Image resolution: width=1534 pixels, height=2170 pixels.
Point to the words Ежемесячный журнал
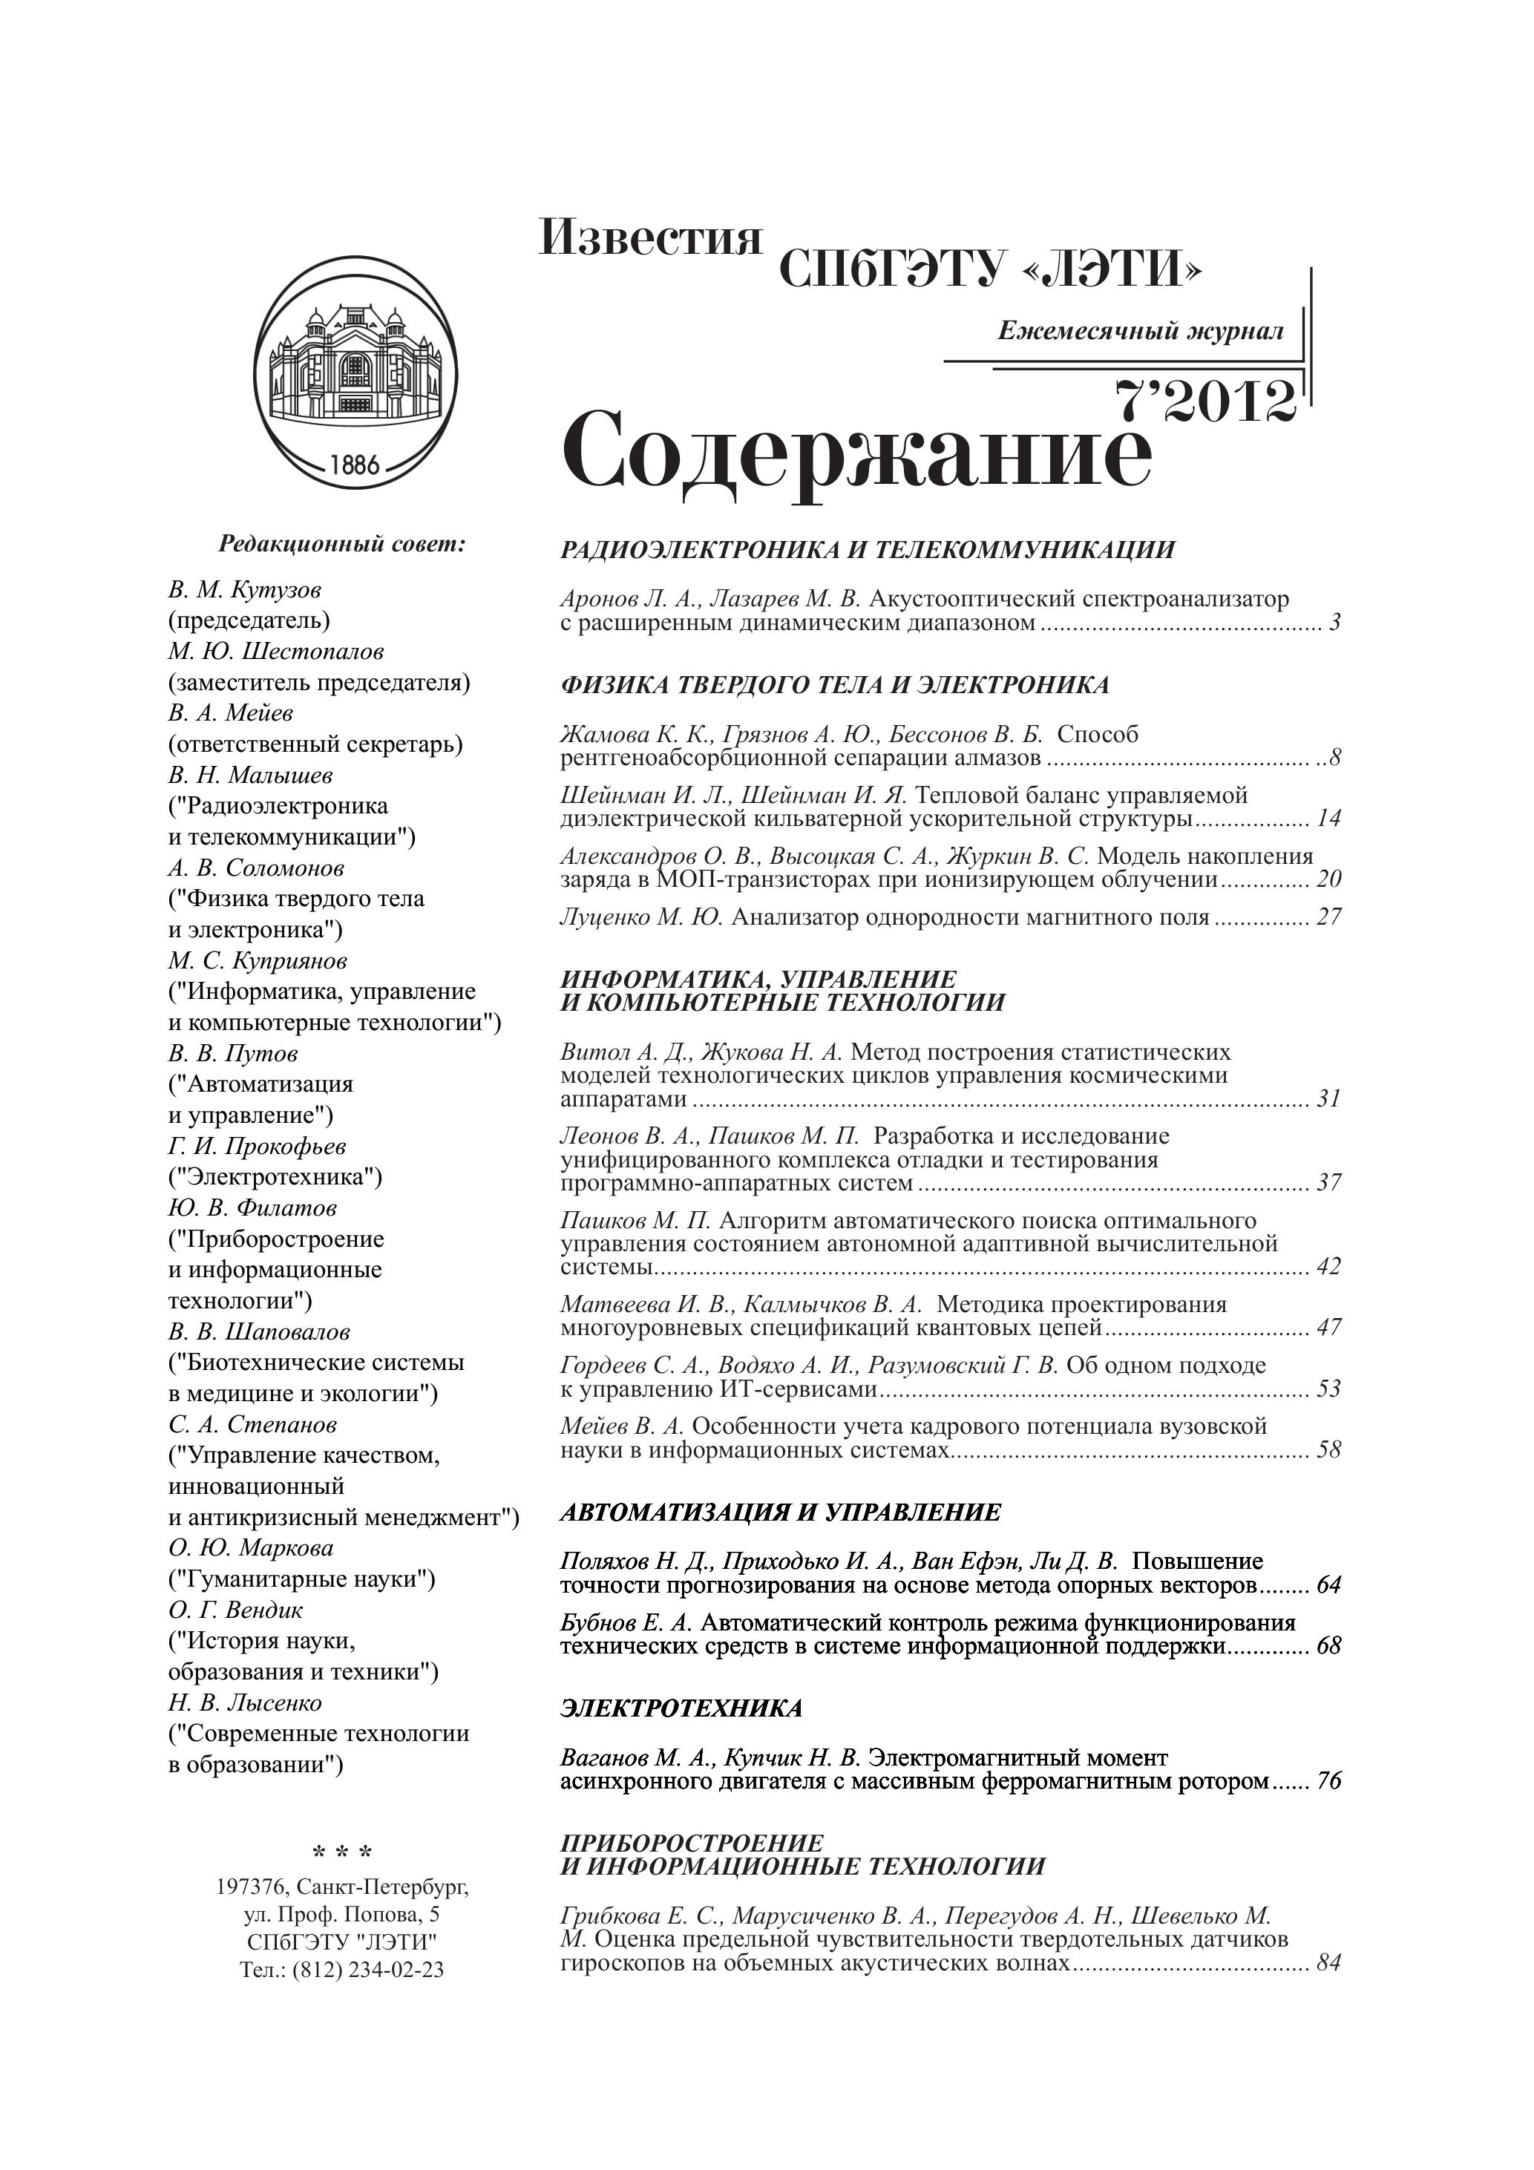tap(1140, 331)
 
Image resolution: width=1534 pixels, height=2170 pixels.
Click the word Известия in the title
tap(650, 237)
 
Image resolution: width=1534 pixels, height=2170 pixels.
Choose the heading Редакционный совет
tap(342, 545)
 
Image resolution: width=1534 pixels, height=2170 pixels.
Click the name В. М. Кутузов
tap(245, 590)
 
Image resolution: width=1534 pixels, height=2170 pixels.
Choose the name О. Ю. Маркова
tap(250, 1548)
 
